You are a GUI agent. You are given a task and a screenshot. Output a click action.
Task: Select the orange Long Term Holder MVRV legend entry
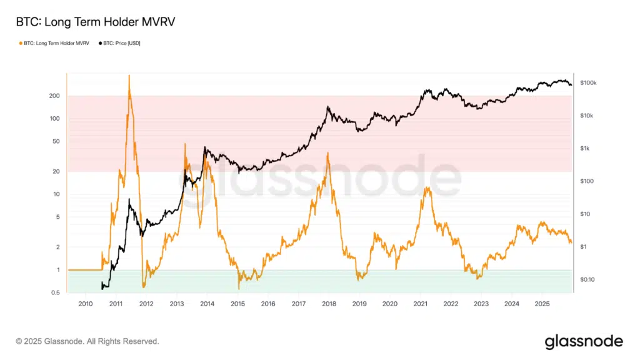tap(54, 43)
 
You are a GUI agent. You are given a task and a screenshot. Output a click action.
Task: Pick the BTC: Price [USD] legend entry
tap(121, 43)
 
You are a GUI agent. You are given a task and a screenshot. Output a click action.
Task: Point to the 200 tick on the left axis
tap(54, 96)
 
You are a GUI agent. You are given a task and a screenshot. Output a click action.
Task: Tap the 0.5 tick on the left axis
tap(55, 292)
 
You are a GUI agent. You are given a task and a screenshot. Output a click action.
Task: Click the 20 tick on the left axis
tap(56, 171)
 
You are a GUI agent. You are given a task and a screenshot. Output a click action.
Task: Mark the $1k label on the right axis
tap(586, 148)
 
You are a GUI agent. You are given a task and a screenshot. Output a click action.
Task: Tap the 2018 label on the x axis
tap(329, 304)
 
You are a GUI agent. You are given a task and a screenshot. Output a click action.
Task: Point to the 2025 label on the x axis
tap(542, 304)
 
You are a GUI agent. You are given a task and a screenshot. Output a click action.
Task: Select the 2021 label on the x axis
tap(420, 304)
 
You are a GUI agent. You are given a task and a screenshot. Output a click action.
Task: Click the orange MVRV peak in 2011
tap(129, 76)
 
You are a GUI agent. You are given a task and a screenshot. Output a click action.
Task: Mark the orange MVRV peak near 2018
tap(327, 153)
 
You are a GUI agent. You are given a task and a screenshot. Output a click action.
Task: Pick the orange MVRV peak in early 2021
tap(427, 187)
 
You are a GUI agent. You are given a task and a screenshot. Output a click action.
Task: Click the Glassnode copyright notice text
tap(87, 341)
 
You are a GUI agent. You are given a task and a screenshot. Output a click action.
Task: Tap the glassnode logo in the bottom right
tap(584, 341)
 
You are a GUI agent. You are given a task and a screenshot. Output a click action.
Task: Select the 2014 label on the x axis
tap(207, 304)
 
